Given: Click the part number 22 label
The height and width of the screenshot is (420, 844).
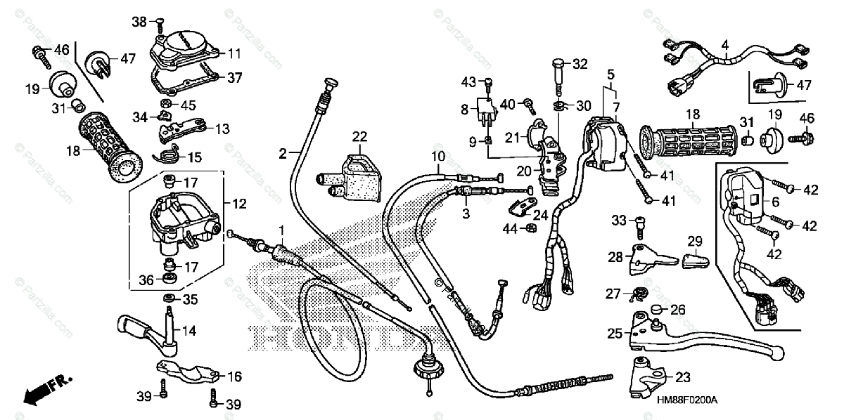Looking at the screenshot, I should coord(360,136).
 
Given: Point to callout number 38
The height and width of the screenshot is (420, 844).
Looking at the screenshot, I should coord(139,22).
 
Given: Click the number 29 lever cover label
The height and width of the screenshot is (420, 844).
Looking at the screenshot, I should coord(695,242).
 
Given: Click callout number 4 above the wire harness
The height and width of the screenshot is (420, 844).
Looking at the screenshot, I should coord(724,44).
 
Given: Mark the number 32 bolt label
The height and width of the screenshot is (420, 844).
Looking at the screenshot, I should coord(579,64).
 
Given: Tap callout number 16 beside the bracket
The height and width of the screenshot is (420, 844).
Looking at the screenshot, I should coord(234,377).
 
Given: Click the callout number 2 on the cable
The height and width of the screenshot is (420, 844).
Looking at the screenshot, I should coord(283,152).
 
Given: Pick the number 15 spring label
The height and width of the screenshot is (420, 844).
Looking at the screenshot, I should coord(194,156).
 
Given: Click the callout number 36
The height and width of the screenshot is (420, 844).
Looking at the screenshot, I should coord(146,280).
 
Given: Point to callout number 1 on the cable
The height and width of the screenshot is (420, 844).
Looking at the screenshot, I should coord(281,230).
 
